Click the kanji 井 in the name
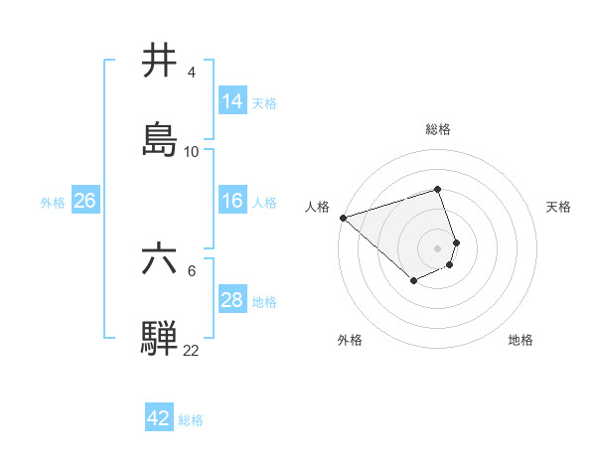pos(160,63)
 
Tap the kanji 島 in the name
pos(160,140)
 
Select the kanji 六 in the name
pos(160,260)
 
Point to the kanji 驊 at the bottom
pos(160,339)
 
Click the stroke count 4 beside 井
pos(191,73)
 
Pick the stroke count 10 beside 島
pos(191,151)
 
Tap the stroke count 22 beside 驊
pos(191,350)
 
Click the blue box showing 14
pos(231,101)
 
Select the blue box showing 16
pos(231,201)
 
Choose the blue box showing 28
pos(231,300)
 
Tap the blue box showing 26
pos(84,201)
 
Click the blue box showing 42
pos(158,418)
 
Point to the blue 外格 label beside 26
pos(53,202)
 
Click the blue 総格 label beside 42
pos(191,420)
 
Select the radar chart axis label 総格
pos(438,129)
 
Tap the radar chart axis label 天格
pos(559,207)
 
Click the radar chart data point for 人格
pos(343,217)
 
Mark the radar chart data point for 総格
pos(438,189)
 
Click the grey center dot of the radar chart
pos(438,247)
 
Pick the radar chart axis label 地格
pos(521,340)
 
